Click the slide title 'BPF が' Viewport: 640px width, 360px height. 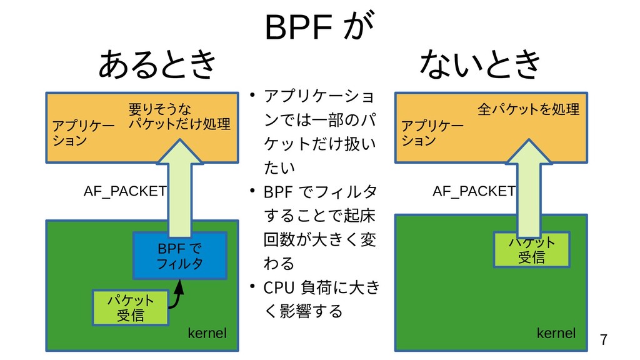(319, 27)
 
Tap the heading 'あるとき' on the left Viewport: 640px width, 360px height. (157, 65)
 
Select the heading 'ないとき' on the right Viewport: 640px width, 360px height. (480, 65)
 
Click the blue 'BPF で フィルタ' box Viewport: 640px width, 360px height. (179, 256)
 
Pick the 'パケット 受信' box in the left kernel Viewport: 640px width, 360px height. (130, 307)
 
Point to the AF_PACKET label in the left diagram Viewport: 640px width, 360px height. (124, 191)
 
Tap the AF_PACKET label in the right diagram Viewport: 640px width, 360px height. (474, 191)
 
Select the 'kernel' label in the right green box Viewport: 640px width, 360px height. (556, 333)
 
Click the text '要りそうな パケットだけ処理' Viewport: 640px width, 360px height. (179, 116)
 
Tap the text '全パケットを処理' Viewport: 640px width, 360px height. (528, 111)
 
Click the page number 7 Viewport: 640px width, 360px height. (603, 340)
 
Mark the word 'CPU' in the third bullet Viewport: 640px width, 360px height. (278, 288)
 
